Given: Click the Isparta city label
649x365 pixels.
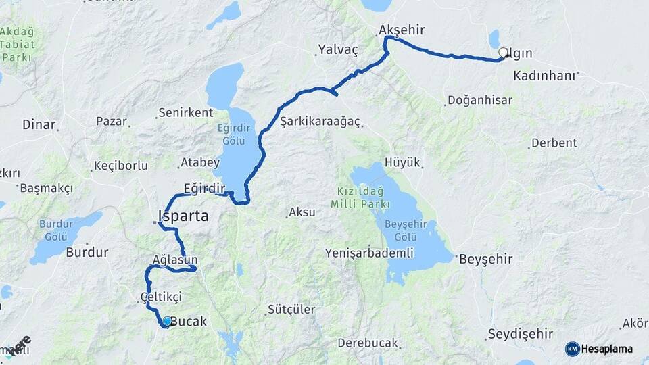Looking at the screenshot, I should pyautogui.click(x=183, y=217).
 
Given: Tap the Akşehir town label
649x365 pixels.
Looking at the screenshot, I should pyautogui.click(x=402, y=30).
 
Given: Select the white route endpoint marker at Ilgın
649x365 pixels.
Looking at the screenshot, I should pyautogui.click(x=503, y=53).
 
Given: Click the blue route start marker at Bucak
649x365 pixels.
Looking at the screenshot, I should pyautogui.click(x=167, y=322).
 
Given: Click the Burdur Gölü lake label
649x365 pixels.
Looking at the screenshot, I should pyautogui.click(x=56, y=229).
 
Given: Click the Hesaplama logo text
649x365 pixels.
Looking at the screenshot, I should pyautogui.click(x=607, y=349).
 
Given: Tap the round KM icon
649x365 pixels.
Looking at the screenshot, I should pyautogui.click(x=573, y=349).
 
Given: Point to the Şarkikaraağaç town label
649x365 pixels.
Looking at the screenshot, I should pyautogui.click(x=321, y=122).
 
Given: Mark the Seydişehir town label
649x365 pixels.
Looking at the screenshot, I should pyautogui.click(x=520, y=335).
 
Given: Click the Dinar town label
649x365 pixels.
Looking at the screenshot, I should pyautogui.click(x=39, y=124).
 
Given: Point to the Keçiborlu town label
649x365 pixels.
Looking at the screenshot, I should pyautogui.click(x=120, y=166).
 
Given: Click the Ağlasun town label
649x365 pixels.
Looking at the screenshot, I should pyautogui.click(x=175, y=260).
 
